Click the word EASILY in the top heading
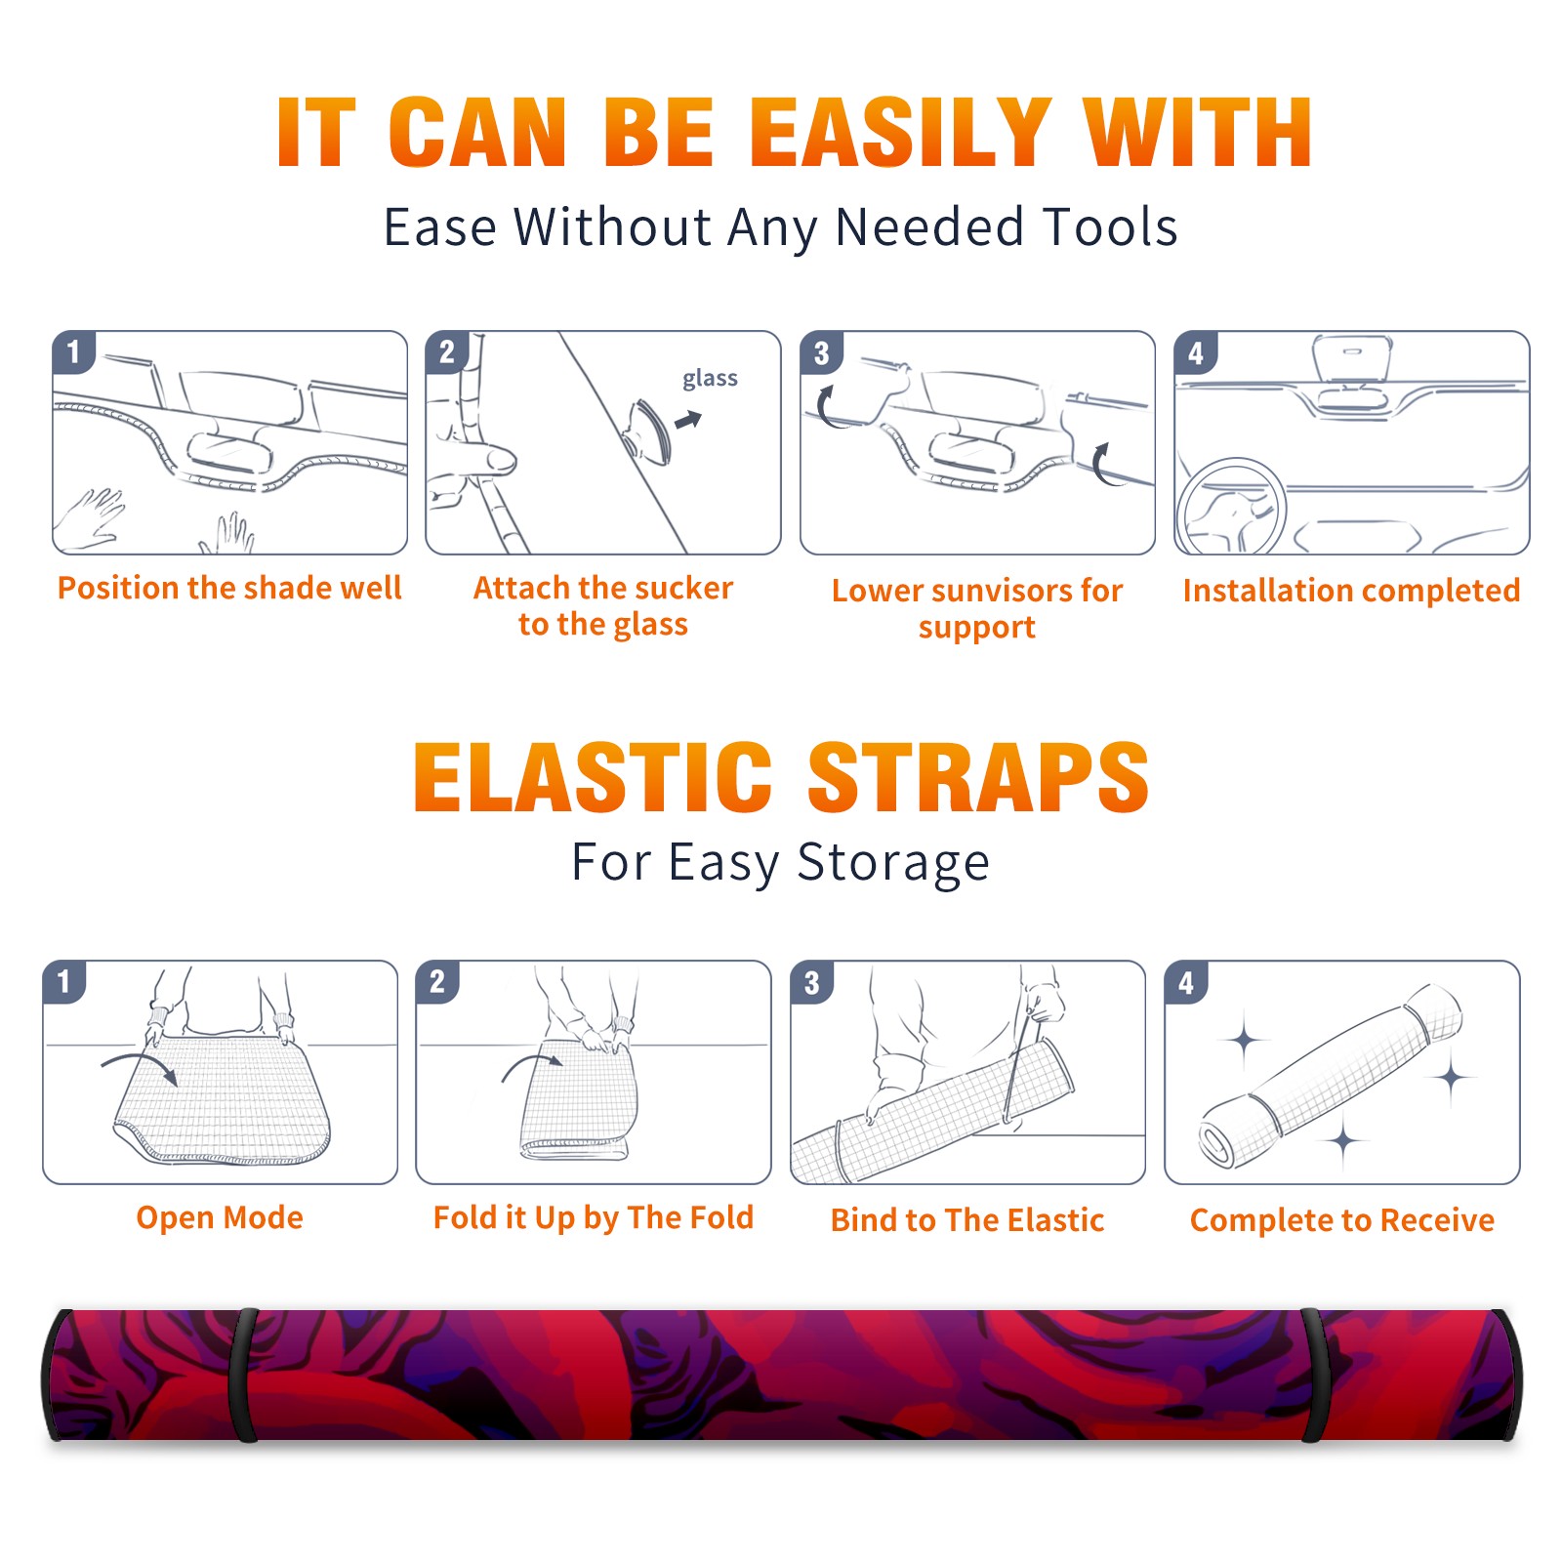tap(899, 133)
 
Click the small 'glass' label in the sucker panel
tap(710, 379)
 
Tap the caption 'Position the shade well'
tap(229, 588)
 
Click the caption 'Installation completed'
tap(1351, 590)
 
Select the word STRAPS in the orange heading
tap(978, 777)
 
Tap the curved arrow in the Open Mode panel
tap(139, 1065)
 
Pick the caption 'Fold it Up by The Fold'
tap(594, 1217)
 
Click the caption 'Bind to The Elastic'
tap(967, 1219)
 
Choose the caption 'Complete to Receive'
tap(1342, 1219)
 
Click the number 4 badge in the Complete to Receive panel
tap(1186, 982)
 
